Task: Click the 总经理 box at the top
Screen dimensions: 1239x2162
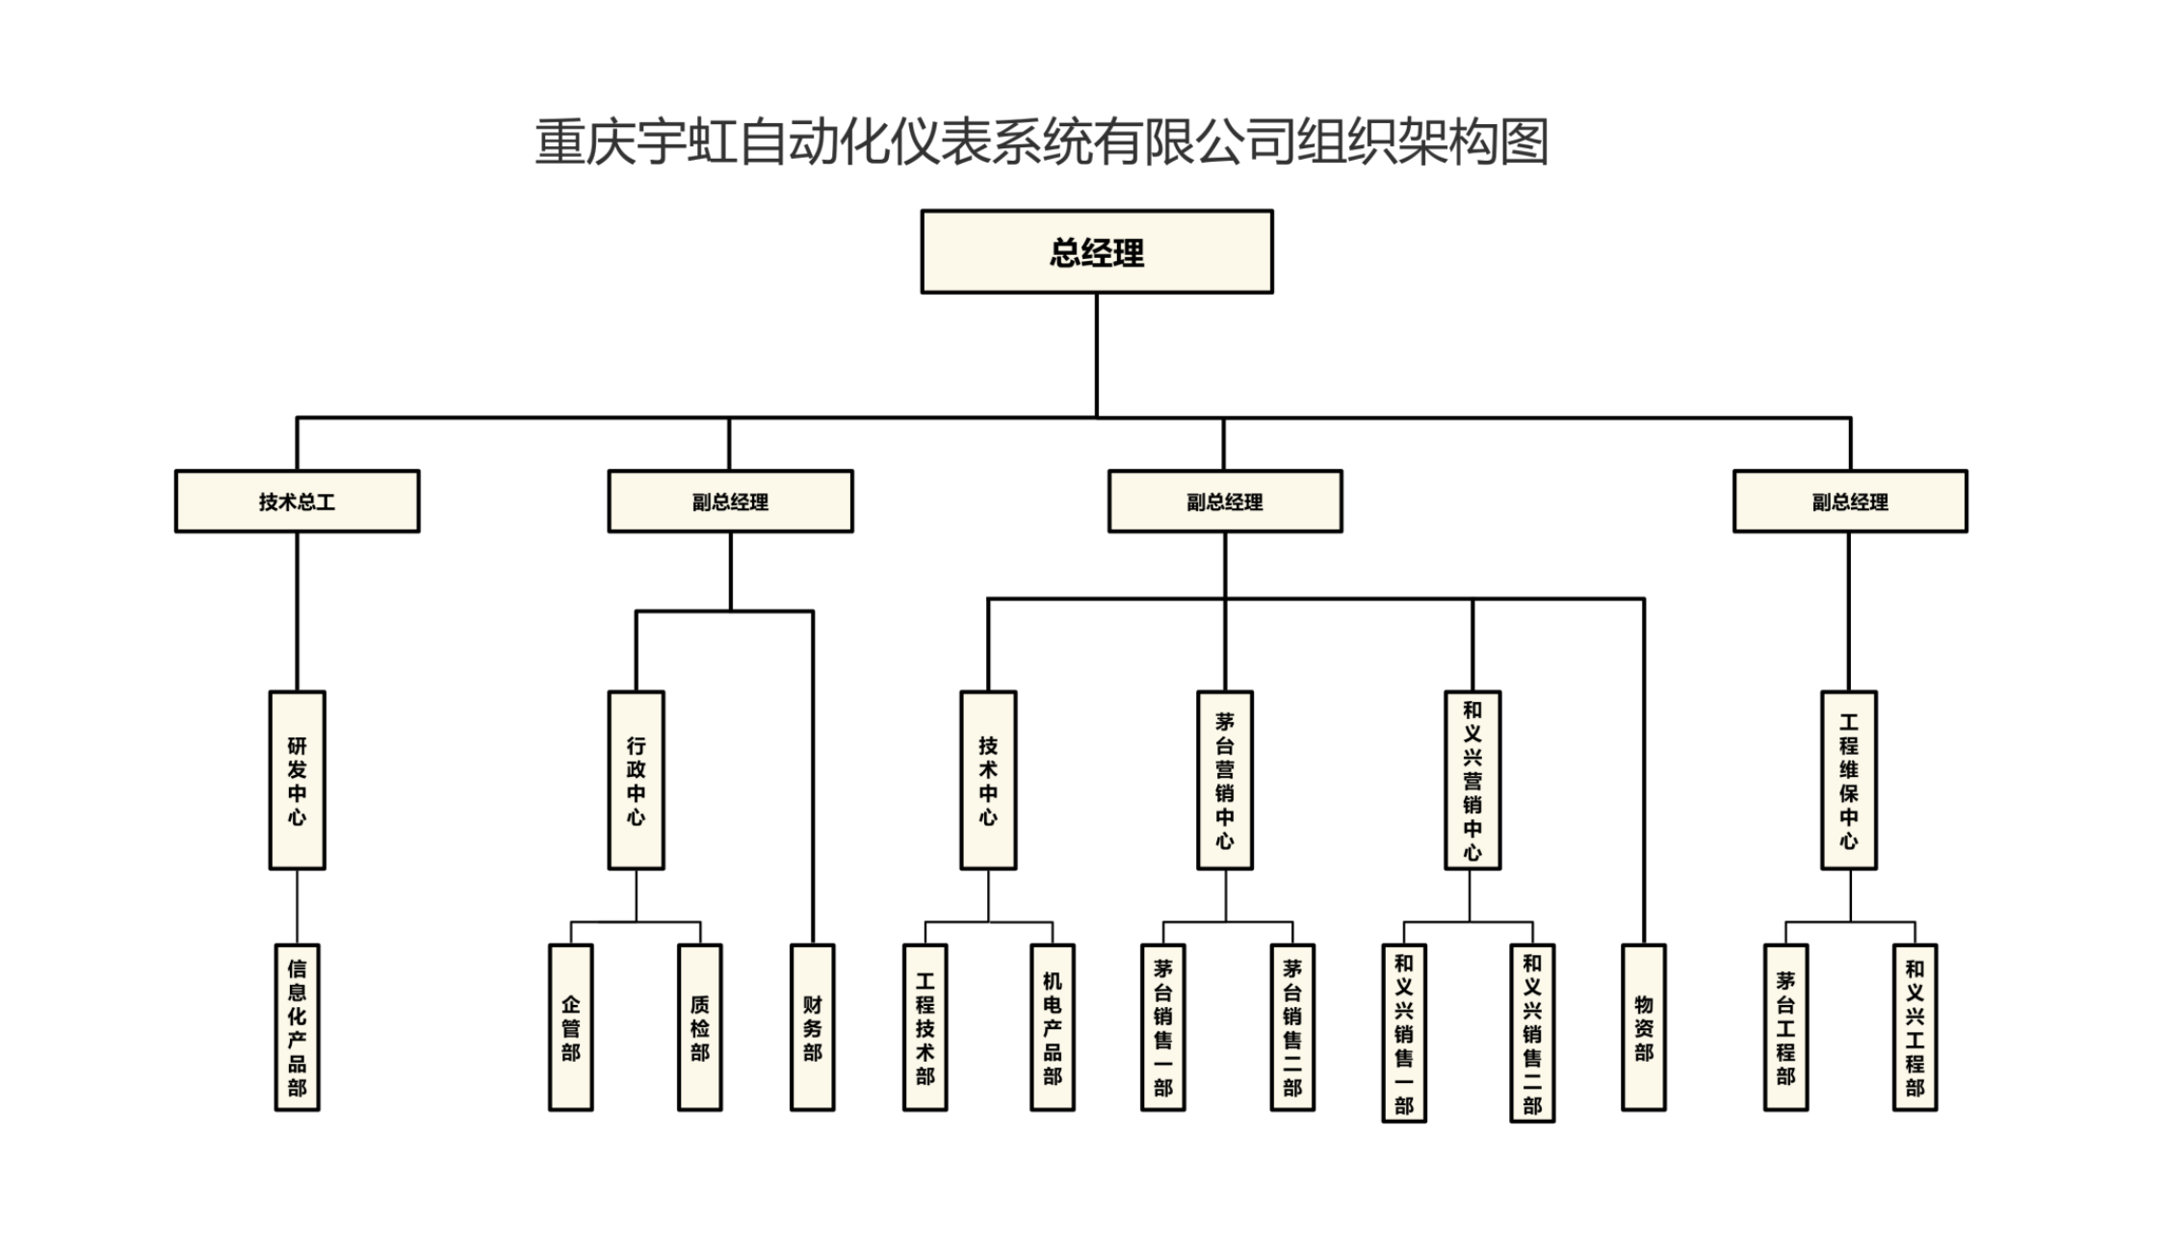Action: (x=1096, y=252)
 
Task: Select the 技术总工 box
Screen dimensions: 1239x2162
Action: (x=297, y=502)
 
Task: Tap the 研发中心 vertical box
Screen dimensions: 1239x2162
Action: (x=297, y=780)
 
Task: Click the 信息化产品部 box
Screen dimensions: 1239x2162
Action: (x=297, y=1027)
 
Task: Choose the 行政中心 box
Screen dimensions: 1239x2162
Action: (x=636, y=780)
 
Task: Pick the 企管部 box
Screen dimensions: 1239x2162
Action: (x=570, y=1027)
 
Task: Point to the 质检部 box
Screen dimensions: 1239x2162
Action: (x=699, y=1027)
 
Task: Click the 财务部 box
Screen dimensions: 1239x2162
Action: (x=812, y=1027)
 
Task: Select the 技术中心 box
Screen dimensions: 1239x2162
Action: (x=988, y=780)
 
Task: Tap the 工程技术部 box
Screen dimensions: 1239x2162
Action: (x=925, y=1027)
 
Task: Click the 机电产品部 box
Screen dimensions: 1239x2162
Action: (x=1052, y=1027)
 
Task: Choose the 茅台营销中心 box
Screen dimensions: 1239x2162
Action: (x=1224, y=780)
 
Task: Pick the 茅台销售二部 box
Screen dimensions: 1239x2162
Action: (x=1291, y=1027)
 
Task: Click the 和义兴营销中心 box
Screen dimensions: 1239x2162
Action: (x=1472, y=780)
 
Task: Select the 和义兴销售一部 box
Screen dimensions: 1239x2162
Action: (x=1403, y=1032)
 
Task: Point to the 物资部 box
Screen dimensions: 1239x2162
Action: (x=1643, y=1027)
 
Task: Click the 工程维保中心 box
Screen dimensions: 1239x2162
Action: (x=1848, y=780)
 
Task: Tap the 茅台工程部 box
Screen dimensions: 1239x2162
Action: (x=1785, y=1027)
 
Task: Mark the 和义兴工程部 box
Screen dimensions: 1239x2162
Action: (x=1915, y=1027)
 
